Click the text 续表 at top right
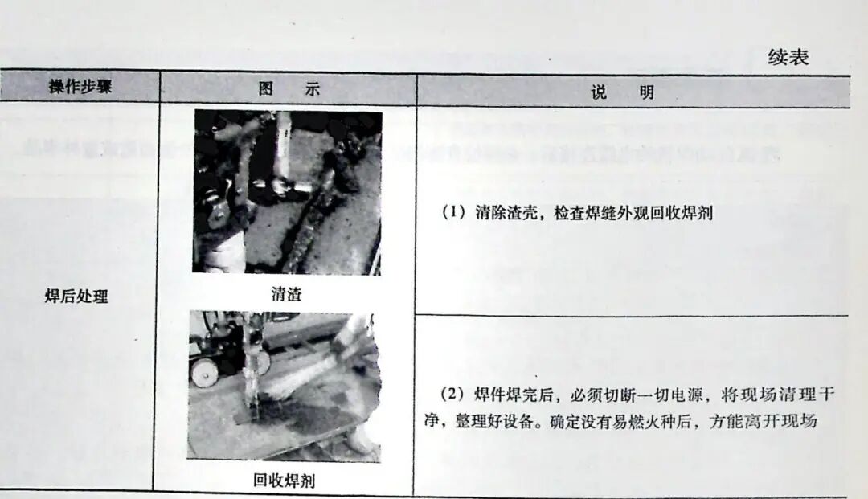pos(788,57)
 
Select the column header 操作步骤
pos(80,88)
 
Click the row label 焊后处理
pos(76,297)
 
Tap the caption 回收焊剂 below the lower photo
pos(283,480)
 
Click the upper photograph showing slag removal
pos(287,193)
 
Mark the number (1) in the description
pos(455,214)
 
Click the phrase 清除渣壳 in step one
pos(497,214)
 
